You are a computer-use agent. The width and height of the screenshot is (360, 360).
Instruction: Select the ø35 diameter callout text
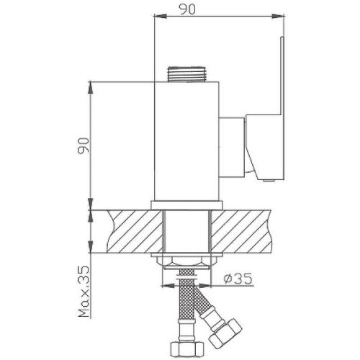(x=238, y=276)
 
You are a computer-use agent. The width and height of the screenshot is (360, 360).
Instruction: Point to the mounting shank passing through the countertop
(x=186, y=230)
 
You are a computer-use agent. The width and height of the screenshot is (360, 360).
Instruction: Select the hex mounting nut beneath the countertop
(x=186, y=261)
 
